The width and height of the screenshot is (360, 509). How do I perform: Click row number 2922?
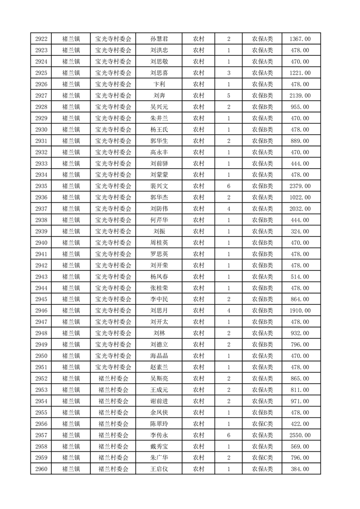click(41, 39)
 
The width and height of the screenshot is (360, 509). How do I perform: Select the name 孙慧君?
click(159, 39)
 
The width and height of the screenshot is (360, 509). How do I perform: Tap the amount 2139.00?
click(300, 96)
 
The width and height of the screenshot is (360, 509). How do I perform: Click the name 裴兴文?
click(159, 186)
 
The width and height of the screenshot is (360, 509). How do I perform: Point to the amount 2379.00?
click(300, 186)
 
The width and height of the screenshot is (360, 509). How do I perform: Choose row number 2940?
click(41, 243)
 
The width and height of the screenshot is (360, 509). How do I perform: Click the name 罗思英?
click(159, 254)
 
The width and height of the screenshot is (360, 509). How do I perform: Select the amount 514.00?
click(300, 277)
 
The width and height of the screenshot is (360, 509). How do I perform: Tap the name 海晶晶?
click(159, 356)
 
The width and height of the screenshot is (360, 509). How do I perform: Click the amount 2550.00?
click(300, 435)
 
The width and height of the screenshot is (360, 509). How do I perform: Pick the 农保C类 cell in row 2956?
click(262, 424)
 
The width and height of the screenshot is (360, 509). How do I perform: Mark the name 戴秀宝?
click(159, 446)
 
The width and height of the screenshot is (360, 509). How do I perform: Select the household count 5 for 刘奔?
click(228, 96)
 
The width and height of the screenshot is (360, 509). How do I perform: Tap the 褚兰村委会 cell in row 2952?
click(113, 378)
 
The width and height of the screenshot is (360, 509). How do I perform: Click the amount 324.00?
click(300, 231)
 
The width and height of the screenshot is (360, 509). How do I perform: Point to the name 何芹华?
click(159, 220)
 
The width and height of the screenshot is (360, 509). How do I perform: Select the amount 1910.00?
click(300, 311)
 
